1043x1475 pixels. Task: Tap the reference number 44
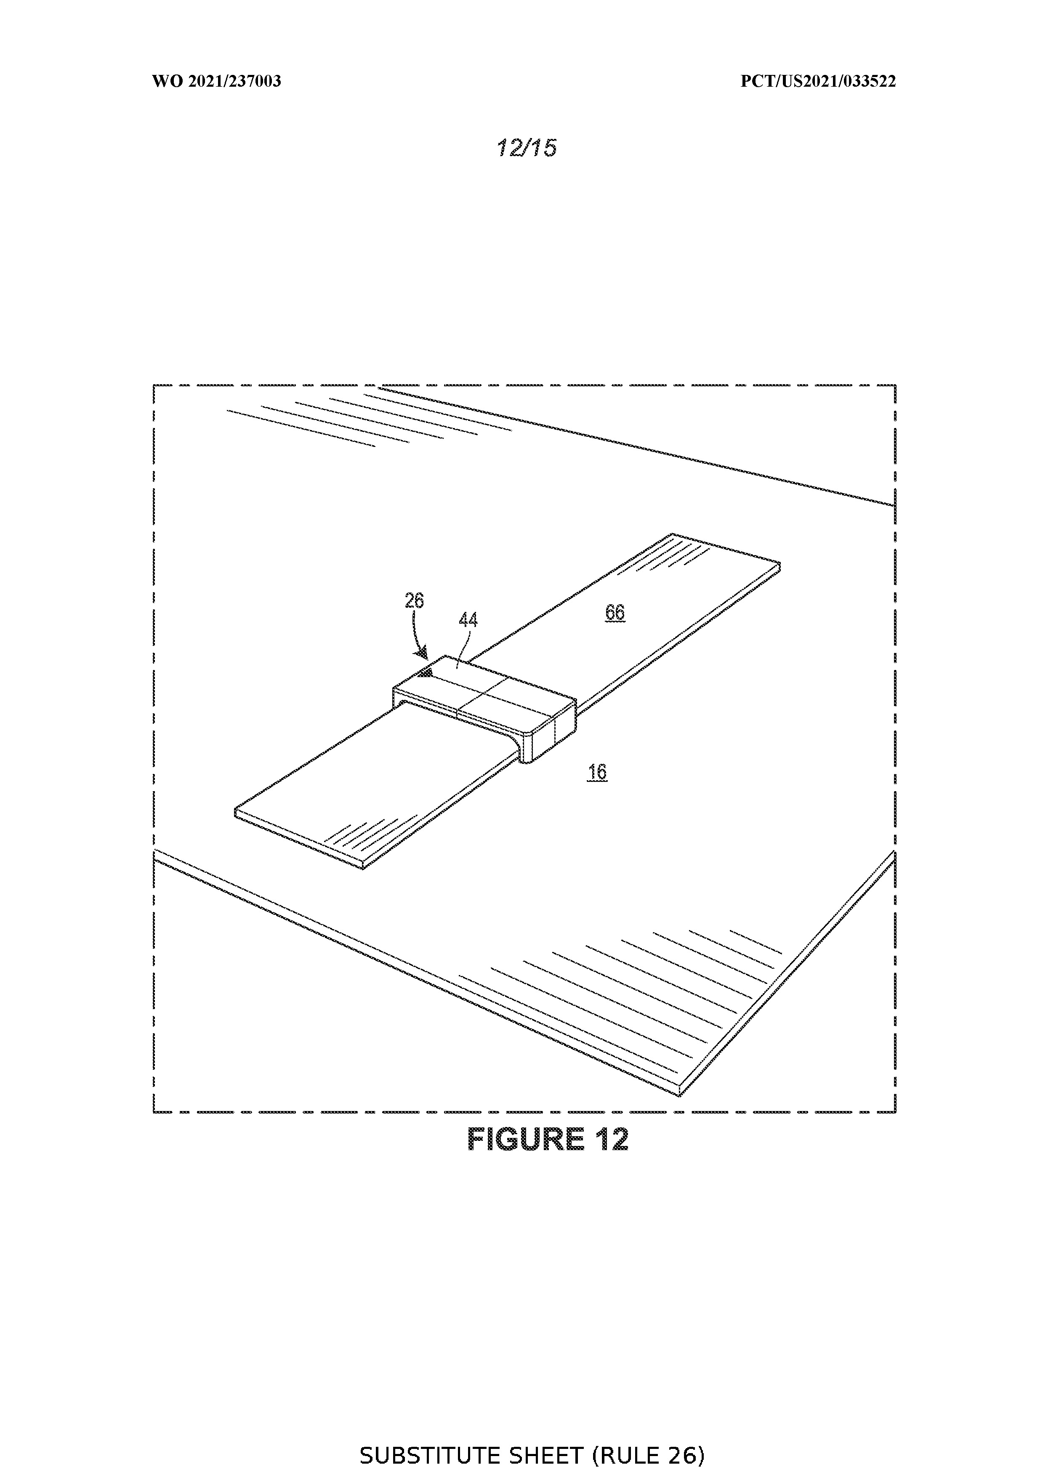(468, 620)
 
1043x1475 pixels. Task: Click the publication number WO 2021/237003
(217, 81)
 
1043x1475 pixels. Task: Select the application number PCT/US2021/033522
(818, 81)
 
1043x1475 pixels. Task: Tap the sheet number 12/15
(526, 148)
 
